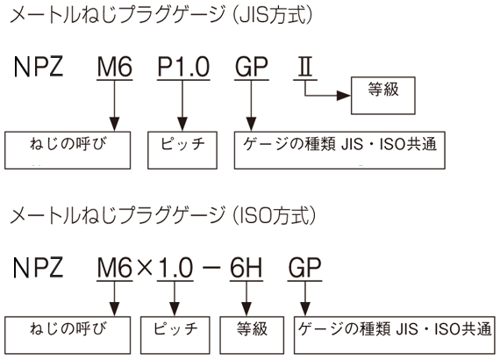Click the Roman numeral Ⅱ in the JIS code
pos(305,67)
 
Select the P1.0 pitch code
pos(183,67)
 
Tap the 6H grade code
pos(246,268)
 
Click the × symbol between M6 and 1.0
pos(145,268)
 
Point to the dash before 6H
pos(211,268)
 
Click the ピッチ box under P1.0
pos(182,150)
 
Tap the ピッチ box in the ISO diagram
pos(175,335)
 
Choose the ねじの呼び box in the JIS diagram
pos(68,150)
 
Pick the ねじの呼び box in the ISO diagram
pos(68,335)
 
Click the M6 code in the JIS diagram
pos(115,67)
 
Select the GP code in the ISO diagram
pos(304,268)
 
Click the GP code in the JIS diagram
pos(251,67)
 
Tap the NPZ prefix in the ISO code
pos(39,268)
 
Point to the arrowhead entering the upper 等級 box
pos(344,96)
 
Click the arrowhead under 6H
pos(246,309)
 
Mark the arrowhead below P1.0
pos(182,124)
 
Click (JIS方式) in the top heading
pos(273,15)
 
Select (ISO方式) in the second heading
pos(275,215)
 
